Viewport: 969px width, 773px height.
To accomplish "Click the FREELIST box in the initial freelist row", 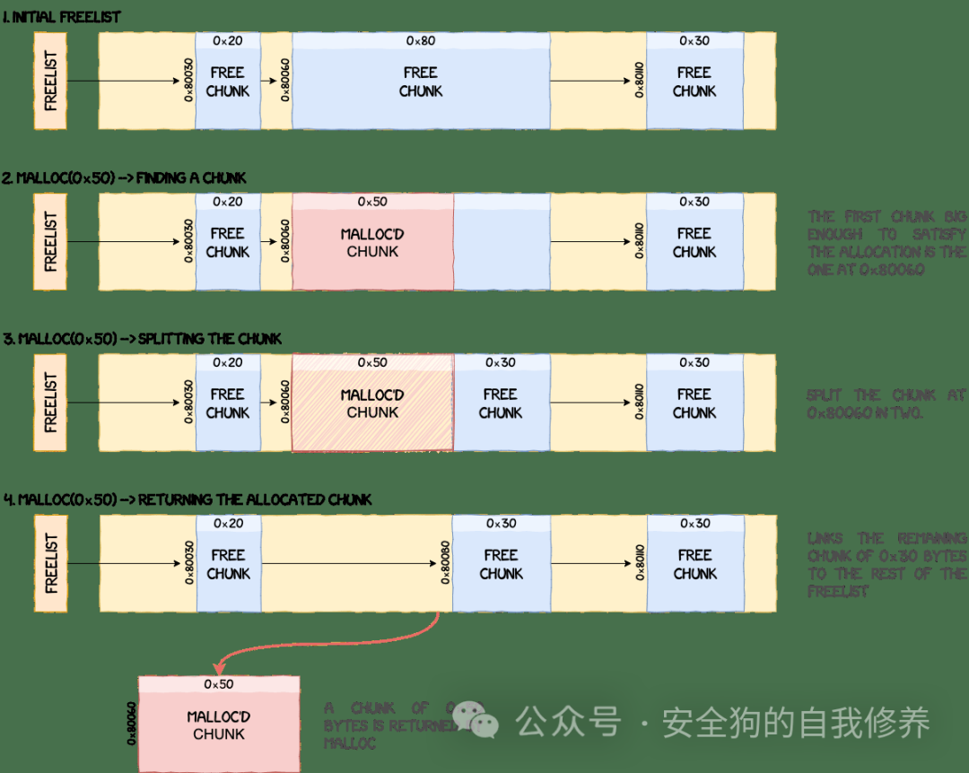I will click(50, 81).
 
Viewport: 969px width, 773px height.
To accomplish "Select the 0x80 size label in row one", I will click(420, 40).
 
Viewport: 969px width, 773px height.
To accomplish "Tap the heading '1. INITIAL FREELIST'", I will click(62, 17).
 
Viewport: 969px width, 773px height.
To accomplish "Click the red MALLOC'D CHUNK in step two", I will click(372, 243).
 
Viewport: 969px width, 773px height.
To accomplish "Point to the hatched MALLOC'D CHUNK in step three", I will click(372, 404).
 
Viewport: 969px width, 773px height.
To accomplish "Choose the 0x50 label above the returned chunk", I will click(219, 684).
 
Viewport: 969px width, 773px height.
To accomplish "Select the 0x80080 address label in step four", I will click(445, 563).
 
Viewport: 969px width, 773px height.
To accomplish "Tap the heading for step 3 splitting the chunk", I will click(143, 339).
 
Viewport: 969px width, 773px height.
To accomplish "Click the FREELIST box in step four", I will click(50, 563).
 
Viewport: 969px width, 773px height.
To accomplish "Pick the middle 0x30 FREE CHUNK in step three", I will click(500, 404).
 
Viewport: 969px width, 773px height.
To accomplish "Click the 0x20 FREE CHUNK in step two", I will click(228, 243).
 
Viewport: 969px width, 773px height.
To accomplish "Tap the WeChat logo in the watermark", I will click(475, 718).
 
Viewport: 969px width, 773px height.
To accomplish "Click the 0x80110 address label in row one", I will click(639, 81).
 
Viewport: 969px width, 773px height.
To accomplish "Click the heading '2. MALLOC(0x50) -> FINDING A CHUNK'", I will click(124, 178).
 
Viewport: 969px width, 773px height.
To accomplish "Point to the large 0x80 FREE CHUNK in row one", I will click(420, 82).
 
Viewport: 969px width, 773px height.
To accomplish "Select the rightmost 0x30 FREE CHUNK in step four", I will click(695, 564).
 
